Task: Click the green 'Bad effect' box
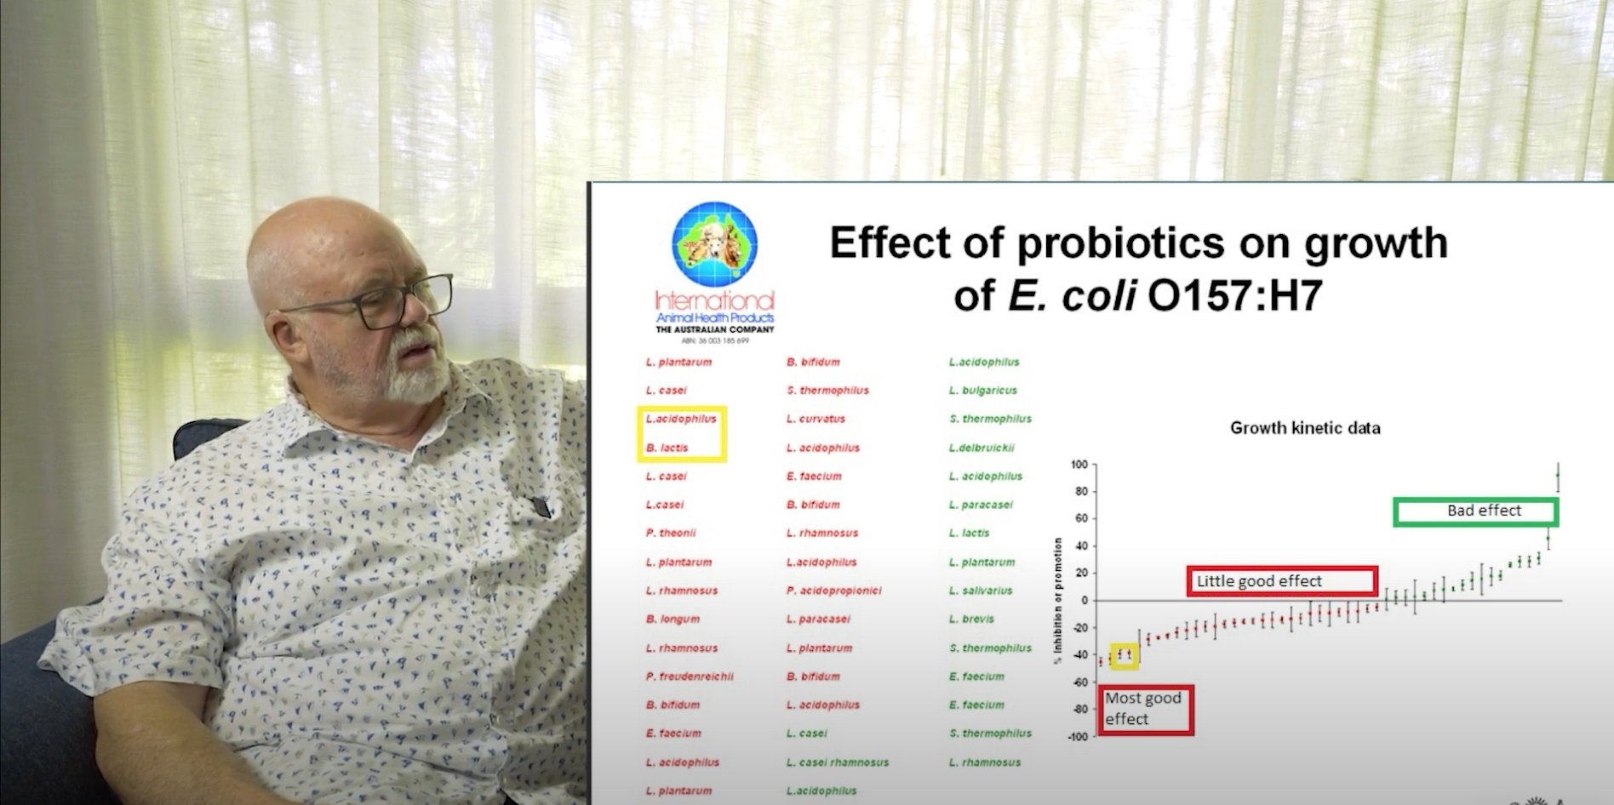point(1476,511)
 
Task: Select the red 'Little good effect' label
point(1282,581)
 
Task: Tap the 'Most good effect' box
point(1146,709)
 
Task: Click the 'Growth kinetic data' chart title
point(1305,428)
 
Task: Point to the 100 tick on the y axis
point(1079,465)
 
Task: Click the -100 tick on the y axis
point(1078,737)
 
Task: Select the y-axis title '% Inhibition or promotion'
point(1058,601)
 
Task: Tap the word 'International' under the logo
point(714,300)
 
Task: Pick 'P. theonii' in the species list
point(671,534)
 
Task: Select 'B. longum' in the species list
point(672,619)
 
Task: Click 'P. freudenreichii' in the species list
point(690,677)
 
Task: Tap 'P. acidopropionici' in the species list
point(834,591)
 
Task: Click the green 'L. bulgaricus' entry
point(983,391)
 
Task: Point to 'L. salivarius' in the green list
point(981,591)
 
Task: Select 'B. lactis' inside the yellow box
point(667,448)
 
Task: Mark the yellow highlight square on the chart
point(1125,655)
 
